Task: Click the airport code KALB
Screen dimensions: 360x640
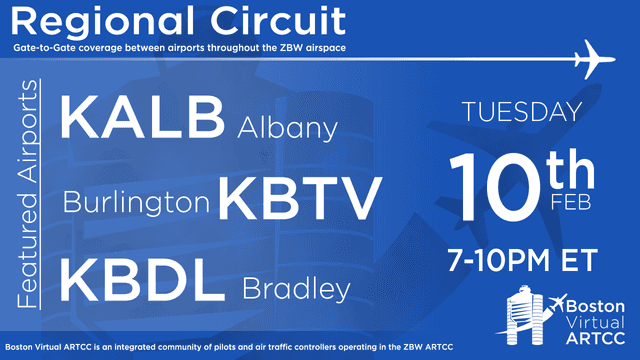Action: [x=143, y=118]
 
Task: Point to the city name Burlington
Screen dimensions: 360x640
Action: [x=138, y=203]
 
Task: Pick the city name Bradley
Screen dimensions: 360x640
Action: [x=296, y=289]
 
